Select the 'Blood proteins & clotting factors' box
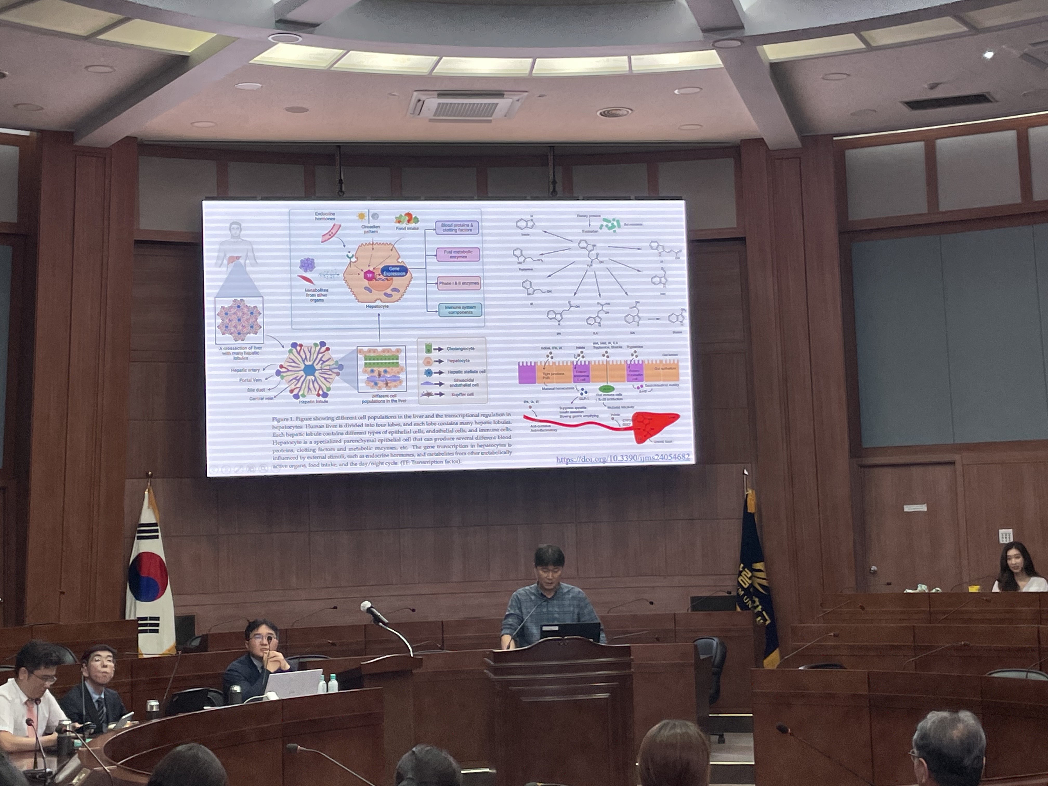(457, 227)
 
